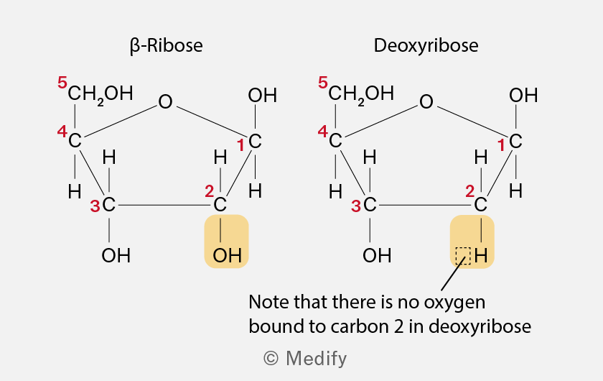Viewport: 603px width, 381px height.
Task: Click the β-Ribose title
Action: (x=166, y=46)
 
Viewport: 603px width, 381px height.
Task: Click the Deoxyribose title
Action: (x=426, y=45)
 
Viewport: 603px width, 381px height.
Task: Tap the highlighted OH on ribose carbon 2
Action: (x=228, y=255)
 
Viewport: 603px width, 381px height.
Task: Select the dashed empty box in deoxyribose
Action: (x=463, y=256)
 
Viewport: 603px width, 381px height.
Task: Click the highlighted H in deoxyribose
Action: (x=481, y=255)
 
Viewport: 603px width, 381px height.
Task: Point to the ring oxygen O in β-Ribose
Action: (x=165, y=101)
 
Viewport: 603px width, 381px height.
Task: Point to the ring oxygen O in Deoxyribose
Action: (x=426, y=101)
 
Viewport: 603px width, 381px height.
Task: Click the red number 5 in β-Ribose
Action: (x=62, y=83)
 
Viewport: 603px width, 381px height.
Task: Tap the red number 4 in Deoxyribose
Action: (x=322, y=132)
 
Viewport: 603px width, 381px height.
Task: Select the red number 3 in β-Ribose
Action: (x=95, y=206)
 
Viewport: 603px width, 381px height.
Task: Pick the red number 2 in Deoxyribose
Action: (x=470, y=191)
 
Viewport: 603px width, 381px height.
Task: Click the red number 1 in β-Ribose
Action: (x=240, y=146)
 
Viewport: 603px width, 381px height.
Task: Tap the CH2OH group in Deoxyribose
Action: (x=361, y=93)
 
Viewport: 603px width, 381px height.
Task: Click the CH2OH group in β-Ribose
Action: (x=100, y=93)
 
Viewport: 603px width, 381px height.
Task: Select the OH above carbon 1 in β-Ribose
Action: (x=262, y=95)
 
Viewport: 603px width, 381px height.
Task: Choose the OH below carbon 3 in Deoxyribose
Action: (x=377, y=255)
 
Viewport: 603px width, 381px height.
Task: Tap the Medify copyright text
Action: (x=305, y=358)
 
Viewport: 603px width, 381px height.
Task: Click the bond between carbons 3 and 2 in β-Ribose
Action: (x=164, y=205)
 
